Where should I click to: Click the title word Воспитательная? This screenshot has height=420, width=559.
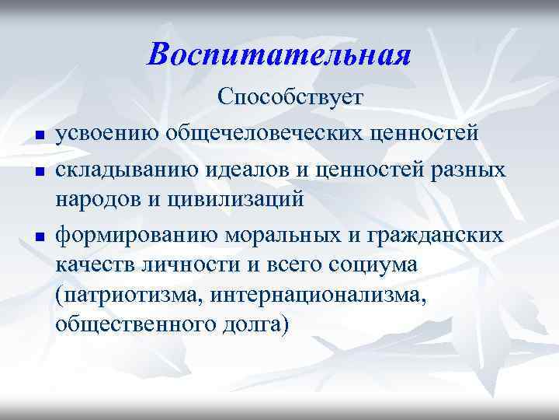pyautogui.click(x=279, y=55)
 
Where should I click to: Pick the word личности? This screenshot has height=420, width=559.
pyautogui.click(x=172, y=264)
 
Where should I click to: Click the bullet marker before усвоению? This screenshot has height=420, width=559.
pyautogui.click(x=38, y=138)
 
